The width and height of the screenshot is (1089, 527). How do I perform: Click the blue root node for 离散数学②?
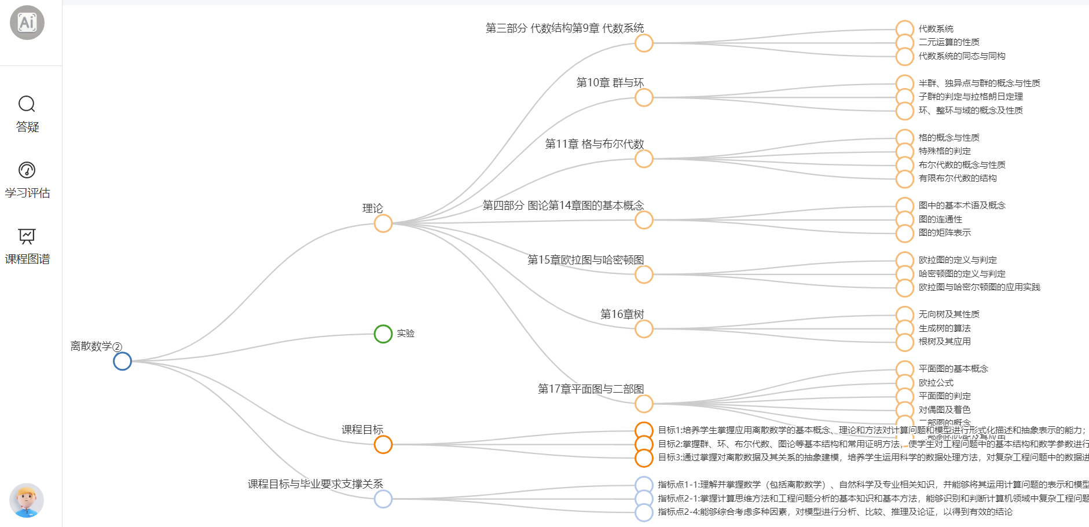pyautogui.click(x=122, y=361)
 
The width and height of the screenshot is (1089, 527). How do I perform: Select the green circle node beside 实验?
pyautogui.click(x=383, y=334)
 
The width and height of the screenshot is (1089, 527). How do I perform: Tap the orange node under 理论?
pyautogui.click(x=383, y=224)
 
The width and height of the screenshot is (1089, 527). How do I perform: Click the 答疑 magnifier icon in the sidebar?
pyautogui.click(x=27, y=104)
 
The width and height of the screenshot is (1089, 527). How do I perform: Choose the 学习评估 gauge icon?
pyautogui.click(x=27, y=170)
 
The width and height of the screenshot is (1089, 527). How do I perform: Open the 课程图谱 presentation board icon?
pyautogui.click(x=27, y=236)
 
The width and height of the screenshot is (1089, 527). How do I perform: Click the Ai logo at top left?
pyautogui.click(x=27, y=23)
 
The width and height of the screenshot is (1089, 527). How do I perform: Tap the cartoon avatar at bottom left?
pyautogui.click(x=27, y=500)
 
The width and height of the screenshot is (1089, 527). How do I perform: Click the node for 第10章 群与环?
pyautogui.click(x=644, y=97)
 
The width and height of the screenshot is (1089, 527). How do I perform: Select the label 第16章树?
pyautogui.click(x=622, y=314)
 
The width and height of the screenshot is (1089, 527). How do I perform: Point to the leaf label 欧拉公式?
pyautogui.click(x=936, y=383)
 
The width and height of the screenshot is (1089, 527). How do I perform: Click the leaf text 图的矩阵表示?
pyautogui.click(x=945, y=233)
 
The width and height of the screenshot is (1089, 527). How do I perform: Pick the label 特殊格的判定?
pyautogui.click(x=945, y=151)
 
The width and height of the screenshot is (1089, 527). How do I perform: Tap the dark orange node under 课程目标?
pyautogui.click(x=383, y=445)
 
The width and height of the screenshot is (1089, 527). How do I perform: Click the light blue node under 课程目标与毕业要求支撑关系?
pyautogui.click(x=383, y=499)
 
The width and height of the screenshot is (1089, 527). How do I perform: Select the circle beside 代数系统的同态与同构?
pyautogui.click(x=905, y=57)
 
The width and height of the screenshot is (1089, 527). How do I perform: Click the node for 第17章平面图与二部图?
pyautogui.click(x=644, y=404)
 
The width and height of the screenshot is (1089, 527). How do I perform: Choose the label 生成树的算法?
pyautogui.click(x=945, y=328)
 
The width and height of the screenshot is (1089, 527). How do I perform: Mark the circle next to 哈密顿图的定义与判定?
pyautogui.click(x=905, y=275)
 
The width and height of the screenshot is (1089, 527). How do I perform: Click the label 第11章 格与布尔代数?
pyautogui.click(x=595, y=144)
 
